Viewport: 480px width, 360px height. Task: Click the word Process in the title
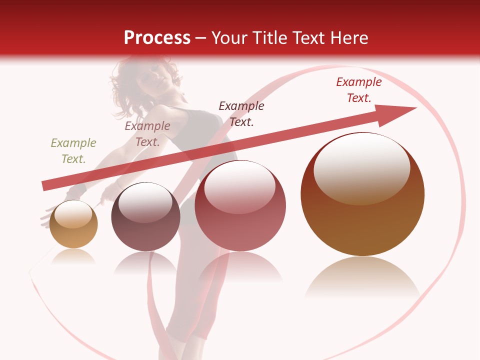[x=157, y=38]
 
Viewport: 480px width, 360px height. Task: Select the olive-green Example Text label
[x=73, y=151]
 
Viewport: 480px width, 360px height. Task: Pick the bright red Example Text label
[x=359, y=90]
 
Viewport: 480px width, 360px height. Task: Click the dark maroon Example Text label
[x=241, y=113]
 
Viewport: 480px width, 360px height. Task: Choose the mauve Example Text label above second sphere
[x=147, y=134]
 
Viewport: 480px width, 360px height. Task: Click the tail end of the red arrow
[x=45, y=186]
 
